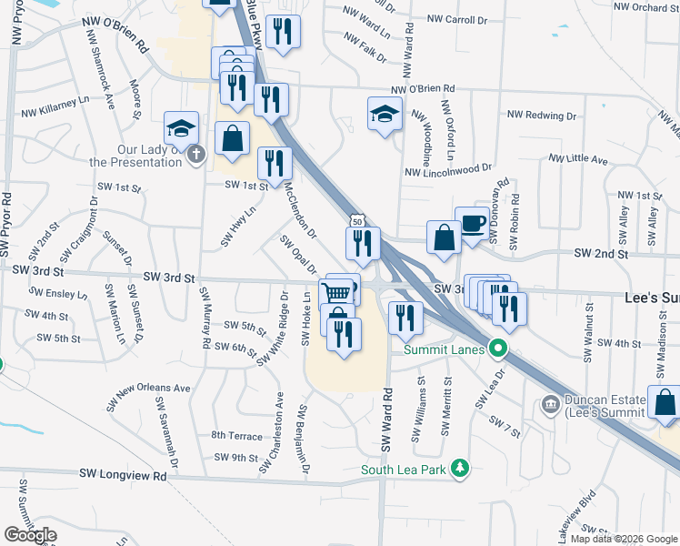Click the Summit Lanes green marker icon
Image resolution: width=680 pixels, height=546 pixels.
tap(497, 347)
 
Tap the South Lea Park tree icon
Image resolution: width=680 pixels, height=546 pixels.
tap(462, 469)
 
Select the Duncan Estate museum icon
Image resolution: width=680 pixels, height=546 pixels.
tap(550, 403)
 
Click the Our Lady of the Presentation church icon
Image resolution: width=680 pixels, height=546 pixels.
tap(195, 155)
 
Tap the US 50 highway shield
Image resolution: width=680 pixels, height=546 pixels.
tap(357, 221)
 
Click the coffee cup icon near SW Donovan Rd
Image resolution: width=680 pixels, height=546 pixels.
tap(473, 224)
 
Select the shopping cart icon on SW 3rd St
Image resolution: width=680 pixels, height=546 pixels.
tap(335, 293)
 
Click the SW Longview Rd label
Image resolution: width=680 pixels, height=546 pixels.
tap(123, 475)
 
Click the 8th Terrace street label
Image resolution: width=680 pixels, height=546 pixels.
tap(236, 436)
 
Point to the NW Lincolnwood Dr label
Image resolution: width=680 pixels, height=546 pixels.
tap(448, 169)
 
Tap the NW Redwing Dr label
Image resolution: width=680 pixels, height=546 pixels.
tap(542, 116)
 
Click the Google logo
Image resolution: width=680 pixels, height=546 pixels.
tap(30, 535)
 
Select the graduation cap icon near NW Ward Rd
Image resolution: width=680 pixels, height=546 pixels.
tap(385, 114)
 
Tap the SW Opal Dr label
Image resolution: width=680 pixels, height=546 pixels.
tap(298, 254)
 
